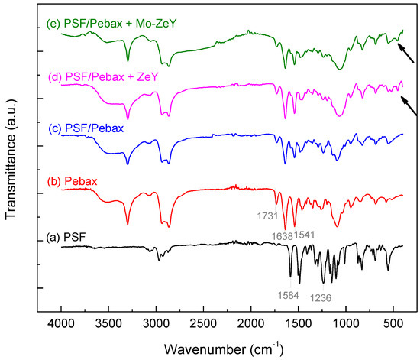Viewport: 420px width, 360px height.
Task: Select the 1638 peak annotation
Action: (x=280, y=235)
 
